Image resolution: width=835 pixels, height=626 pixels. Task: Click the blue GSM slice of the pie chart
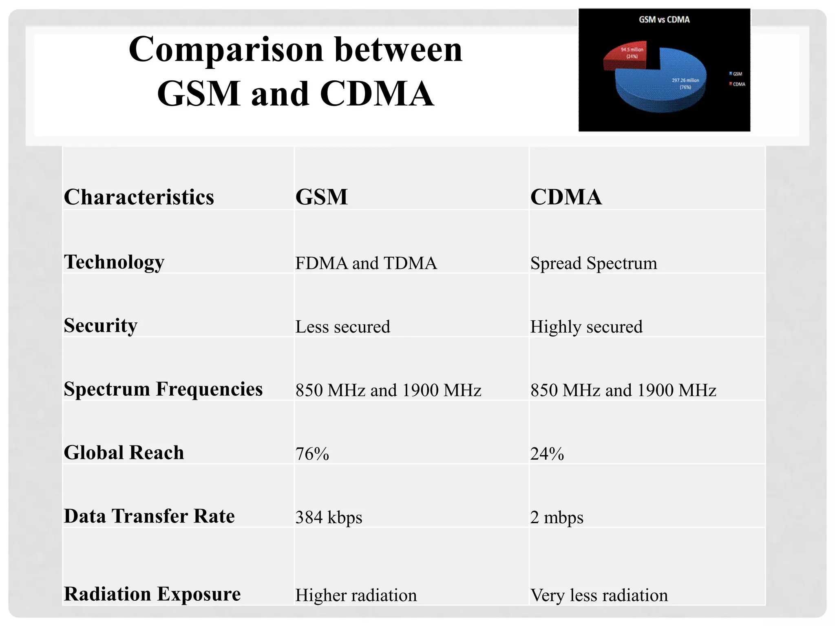(x=660, y=82)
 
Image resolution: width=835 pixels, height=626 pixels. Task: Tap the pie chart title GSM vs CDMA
(x=664, y=20)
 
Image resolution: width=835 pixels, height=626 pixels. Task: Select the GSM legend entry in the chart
(x=736, y=74)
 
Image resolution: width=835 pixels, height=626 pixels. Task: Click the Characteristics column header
(x=139, y=197)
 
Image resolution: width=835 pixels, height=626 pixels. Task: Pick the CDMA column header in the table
(x=566, y=197)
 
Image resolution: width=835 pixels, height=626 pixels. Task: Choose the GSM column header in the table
(x=321, y=197)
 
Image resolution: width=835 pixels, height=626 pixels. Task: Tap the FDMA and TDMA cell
(x=366, y=263)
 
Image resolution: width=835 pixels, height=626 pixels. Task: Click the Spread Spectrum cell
(x=593, y=263)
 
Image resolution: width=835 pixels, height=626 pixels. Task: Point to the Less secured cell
(x=342, y=327)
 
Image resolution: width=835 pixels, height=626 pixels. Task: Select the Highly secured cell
(x=586, y=327)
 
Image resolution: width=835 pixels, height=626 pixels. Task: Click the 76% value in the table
(x=312, y=454)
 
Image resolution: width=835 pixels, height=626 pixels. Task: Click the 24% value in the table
(x=547, y=454)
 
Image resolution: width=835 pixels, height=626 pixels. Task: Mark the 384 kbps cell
(x=329, y=517)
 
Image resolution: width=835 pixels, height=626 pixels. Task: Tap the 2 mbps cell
(x=557, y=517)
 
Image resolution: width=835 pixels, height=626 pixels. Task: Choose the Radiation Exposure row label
(x=152, y=594)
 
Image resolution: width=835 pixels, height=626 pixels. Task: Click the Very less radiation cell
(x=599, y=595)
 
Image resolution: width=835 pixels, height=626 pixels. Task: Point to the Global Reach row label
(x=124, y=452)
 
